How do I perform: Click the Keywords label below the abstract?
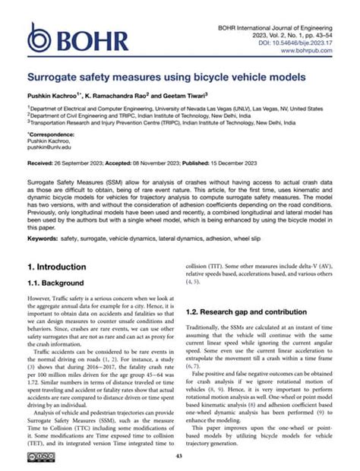pyautogui.click(x=45, y=239)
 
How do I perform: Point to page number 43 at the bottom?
pyautogui.click(x=179, y=455)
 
